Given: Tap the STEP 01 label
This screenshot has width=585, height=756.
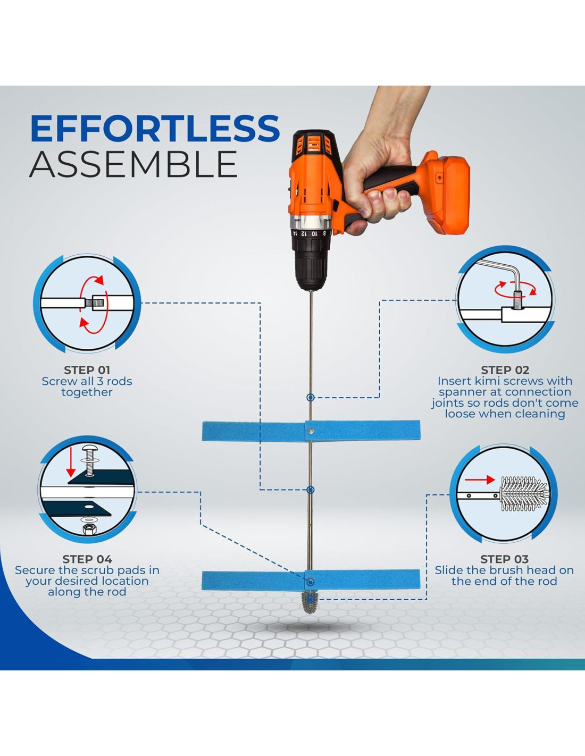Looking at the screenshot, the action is click(x=87, y=370).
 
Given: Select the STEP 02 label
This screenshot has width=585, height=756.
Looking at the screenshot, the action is click(x=505, y=370).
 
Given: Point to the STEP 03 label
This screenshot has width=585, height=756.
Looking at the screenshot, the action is click(x=505, y=559).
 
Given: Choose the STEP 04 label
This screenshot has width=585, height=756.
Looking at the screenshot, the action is click(x=87, y=559).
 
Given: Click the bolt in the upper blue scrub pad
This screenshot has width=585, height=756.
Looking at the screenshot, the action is click(x=311, y=431).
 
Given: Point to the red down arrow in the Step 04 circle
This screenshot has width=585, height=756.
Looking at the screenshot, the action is click(x=71, y=462).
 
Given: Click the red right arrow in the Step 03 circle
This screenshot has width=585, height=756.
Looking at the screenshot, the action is click(x=480, y=480).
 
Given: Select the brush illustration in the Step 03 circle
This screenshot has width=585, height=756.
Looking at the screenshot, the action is click(x=524, y=494).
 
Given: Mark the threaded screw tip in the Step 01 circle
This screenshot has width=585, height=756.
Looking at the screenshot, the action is click(x=98, y=301).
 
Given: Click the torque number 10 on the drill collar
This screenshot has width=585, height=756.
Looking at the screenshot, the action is click(x=314, y=233).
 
